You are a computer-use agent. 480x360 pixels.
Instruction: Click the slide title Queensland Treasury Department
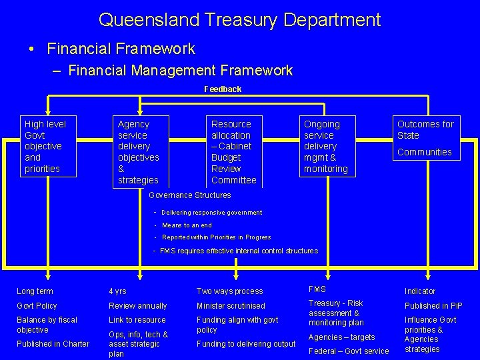tap(239, 19)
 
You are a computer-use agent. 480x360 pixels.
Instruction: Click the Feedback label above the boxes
tap(223, 89)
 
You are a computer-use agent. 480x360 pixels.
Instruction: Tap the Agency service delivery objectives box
tap(139, 152)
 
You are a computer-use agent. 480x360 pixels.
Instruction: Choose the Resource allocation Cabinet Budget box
tap(233, 152)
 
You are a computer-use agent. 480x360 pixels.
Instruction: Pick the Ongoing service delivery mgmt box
tap(326, 147)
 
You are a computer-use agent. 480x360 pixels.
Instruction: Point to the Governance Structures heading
tap(190, 195)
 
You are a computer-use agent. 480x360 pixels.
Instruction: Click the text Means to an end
tap(187, 225)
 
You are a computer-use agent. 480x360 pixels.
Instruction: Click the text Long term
tap(35, 291)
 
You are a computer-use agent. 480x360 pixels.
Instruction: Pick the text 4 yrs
tap(117, 291)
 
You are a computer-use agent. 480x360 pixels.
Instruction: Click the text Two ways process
tap(229, 291)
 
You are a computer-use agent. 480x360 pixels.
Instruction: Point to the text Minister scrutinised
tap(231, 306)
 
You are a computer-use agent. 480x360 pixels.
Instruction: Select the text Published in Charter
tap(53, 344)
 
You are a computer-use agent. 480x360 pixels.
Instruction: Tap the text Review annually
tap(138, 306)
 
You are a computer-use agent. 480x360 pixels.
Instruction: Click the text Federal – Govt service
tap(349, 351)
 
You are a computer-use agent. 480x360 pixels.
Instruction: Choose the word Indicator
tap(420, 291)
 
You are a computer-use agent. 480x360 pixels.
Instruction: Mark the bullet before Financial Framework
tap(31, 49)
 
